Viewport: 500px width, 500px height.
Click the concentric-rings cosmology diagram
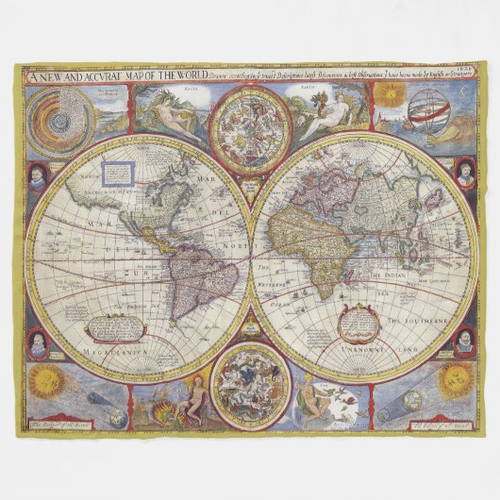coord(58,120)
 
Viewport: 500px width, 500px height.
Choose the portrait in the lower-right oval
coord(464,342)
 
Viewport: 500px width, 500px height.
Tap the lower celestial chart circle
coord(249,386)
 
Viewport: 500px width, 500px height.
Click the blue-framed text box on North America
coord(118,174)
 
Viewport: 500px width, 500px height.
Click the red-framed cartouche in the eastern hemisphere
coord(359,320)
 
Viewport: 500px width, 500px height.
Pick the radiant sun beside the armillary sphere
coord(389,93)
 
